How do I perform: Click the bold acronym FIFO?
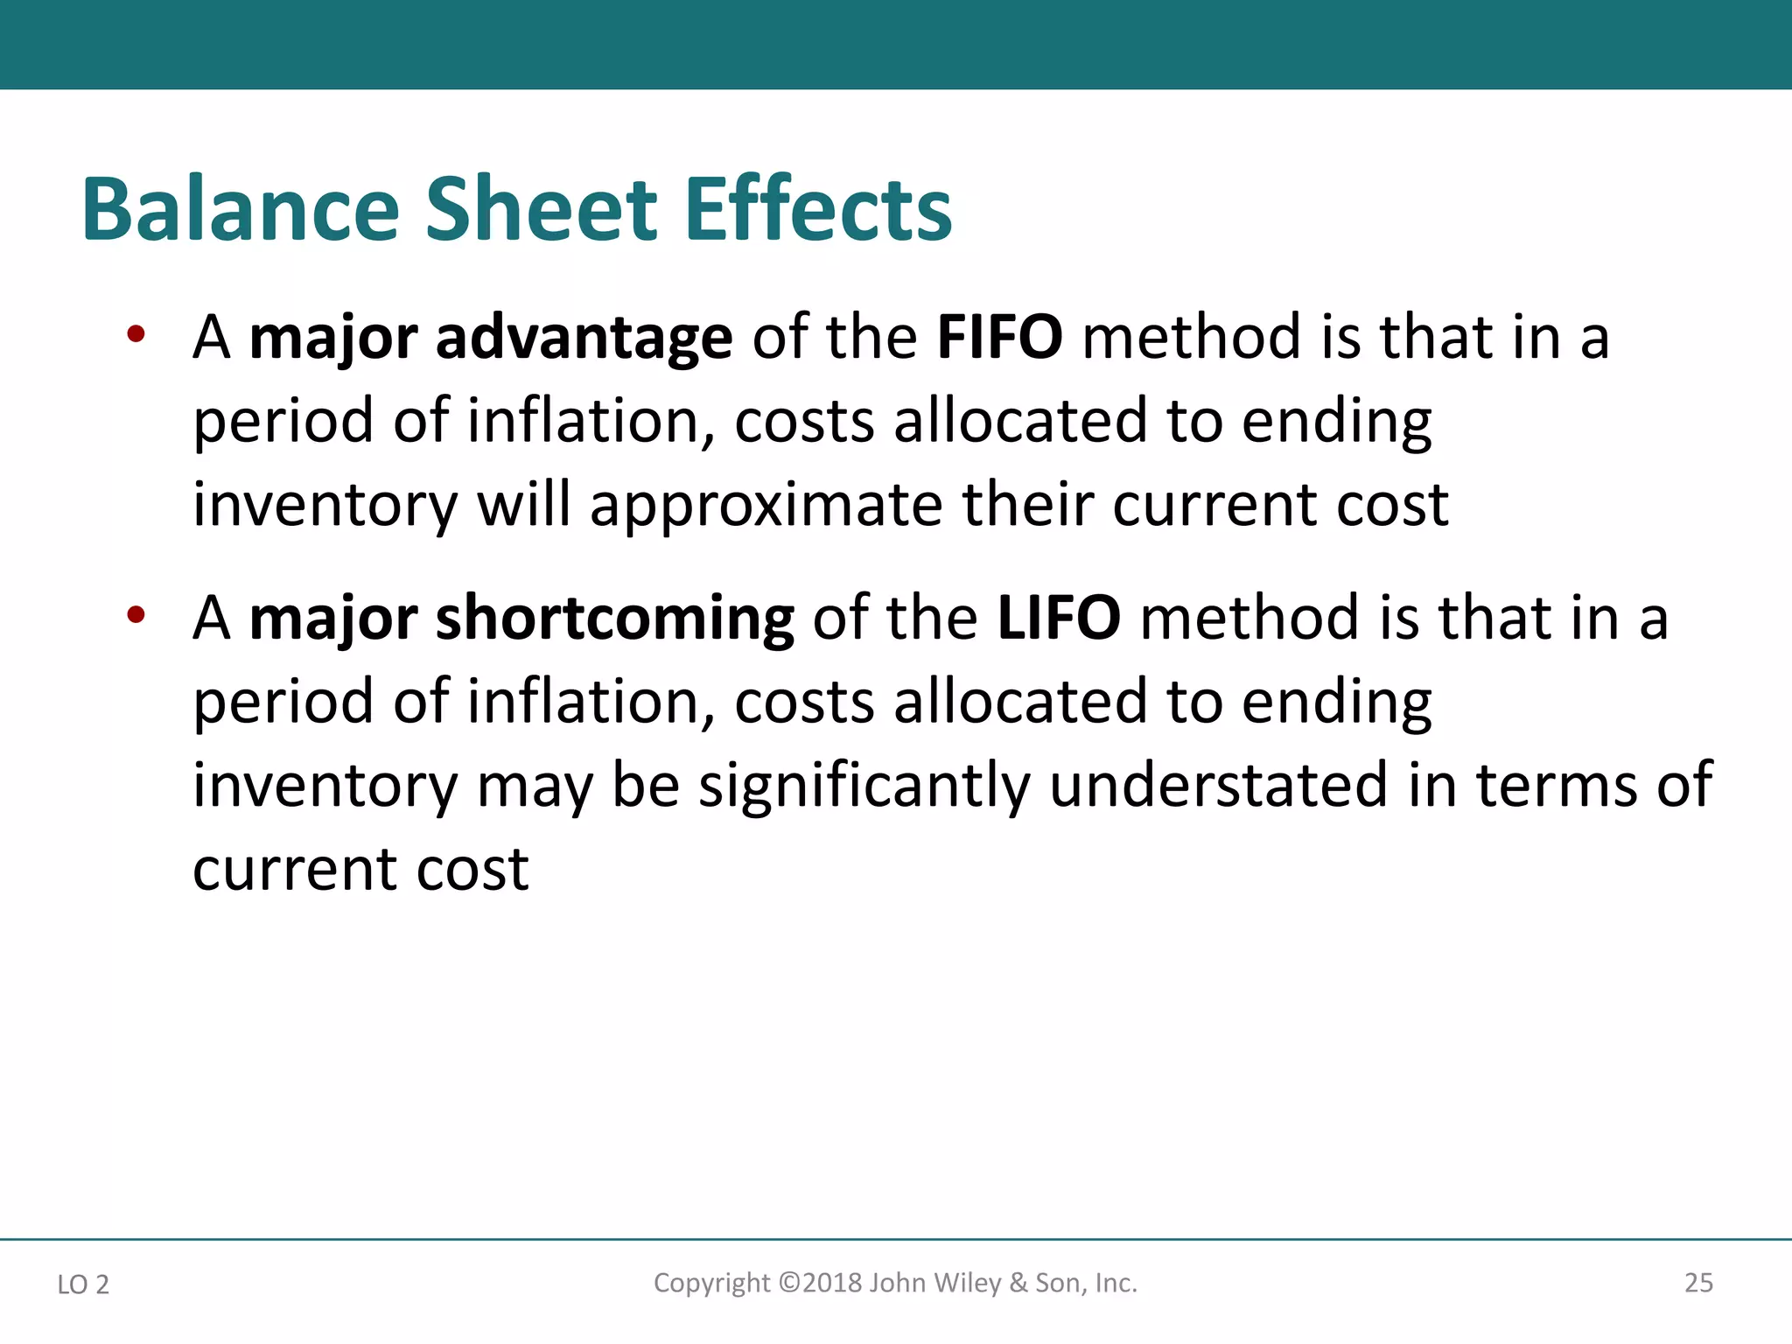[x=999, y=337]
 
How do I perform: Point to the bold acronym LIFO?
[x=1058, y=618]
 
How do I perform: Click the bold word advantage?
[x=584, y=339]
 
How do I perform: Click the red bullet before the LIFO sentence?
[x=135, y=614]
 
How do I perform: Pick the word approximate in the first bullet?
[x=766, y=507]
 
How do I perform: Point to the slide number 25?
[x=1698, y=1283]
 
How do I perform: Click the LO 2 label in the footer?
[x=83, y=1284]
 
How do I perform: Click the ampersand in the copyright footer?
[x=1018, y=1283]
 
